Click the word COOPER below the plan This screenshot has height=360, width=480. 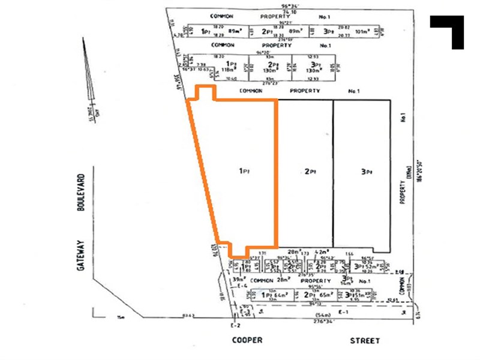pyautogui.click(x=247, y=340)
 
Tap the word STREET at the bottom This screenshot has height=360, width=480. pyautogui.click(x=365, y=340)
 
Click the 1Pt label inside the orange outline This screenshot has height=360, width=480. pyautogui.click(x=244, y=171)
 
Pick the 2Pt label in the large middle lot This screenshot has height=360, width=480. pyautogui.click(x=310, y=171)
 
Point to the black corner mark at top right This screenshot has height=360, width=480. pyautogui.click(x=448, y=30)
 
